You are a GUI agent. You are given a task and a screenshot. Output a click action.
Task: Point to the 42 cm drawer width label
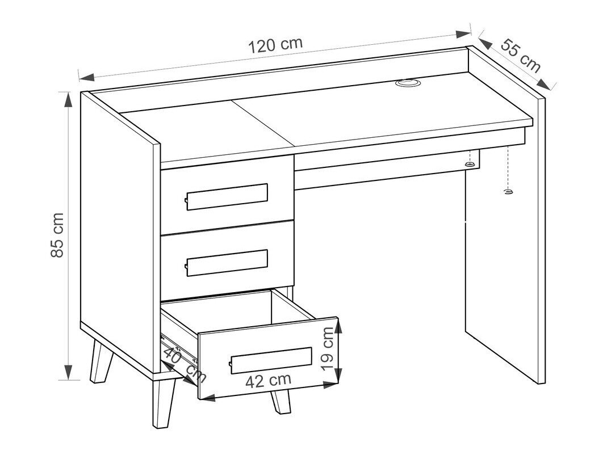(268, 381)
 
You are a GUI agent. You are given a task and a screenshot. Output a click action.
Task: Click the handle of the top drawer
(227, 197)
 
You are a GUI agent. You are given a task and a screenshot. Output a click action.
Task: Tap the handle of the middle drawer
(227, 262)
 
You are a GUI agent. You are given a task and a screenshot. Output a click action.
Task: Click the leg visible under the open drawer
(280, 401)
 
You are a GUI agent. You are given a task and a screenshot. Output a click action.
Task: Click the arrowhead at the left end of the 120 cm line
(86, 76)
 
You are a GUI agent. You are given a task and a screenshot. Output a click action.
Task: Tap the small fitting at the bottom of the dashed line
(508, 192)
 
